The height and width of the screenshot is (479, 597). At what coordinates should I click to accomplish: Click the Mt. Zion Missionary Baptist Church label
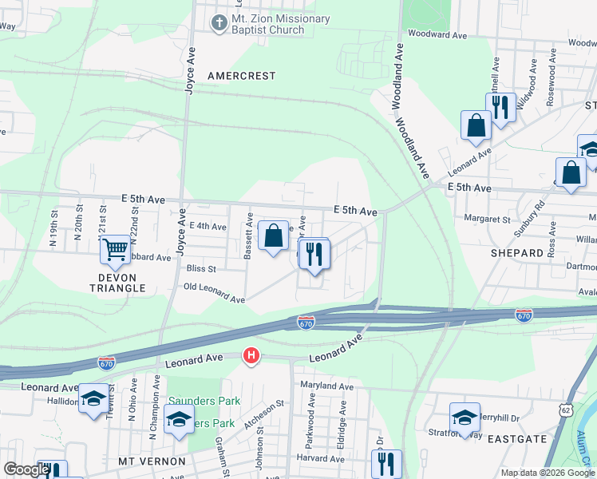coord(269,24)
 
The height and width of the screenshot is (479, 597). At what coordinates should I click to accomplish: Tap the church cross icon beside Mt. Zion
coord(218,23)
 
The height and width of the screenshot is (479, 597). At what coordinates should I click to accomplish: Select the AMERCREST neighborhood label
coord(241,76)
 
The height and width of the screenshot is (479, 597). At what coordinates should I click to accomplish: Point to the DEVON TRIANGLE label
coord(112,283)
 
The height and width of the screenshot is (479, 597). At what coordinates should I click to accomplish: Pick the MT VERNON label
coord(152,461)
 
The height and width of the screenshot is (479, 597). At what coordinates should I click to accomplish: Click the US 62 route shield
coord(566,410)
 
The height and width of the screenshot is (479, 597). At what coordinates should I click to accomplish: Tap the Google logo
coord(26,469)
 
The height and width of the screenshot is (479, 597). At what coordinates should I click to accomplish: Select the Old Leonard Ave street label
coord(214,292)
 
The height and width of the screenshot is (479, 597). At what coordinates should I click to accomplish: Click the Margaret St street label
coord(488,219)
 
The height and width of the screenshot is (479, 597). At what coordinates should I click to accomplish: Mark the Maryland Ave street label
coord(326,386)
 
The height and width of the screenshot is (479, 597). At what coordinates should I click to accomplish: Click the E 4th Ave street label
coord(208,227)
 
